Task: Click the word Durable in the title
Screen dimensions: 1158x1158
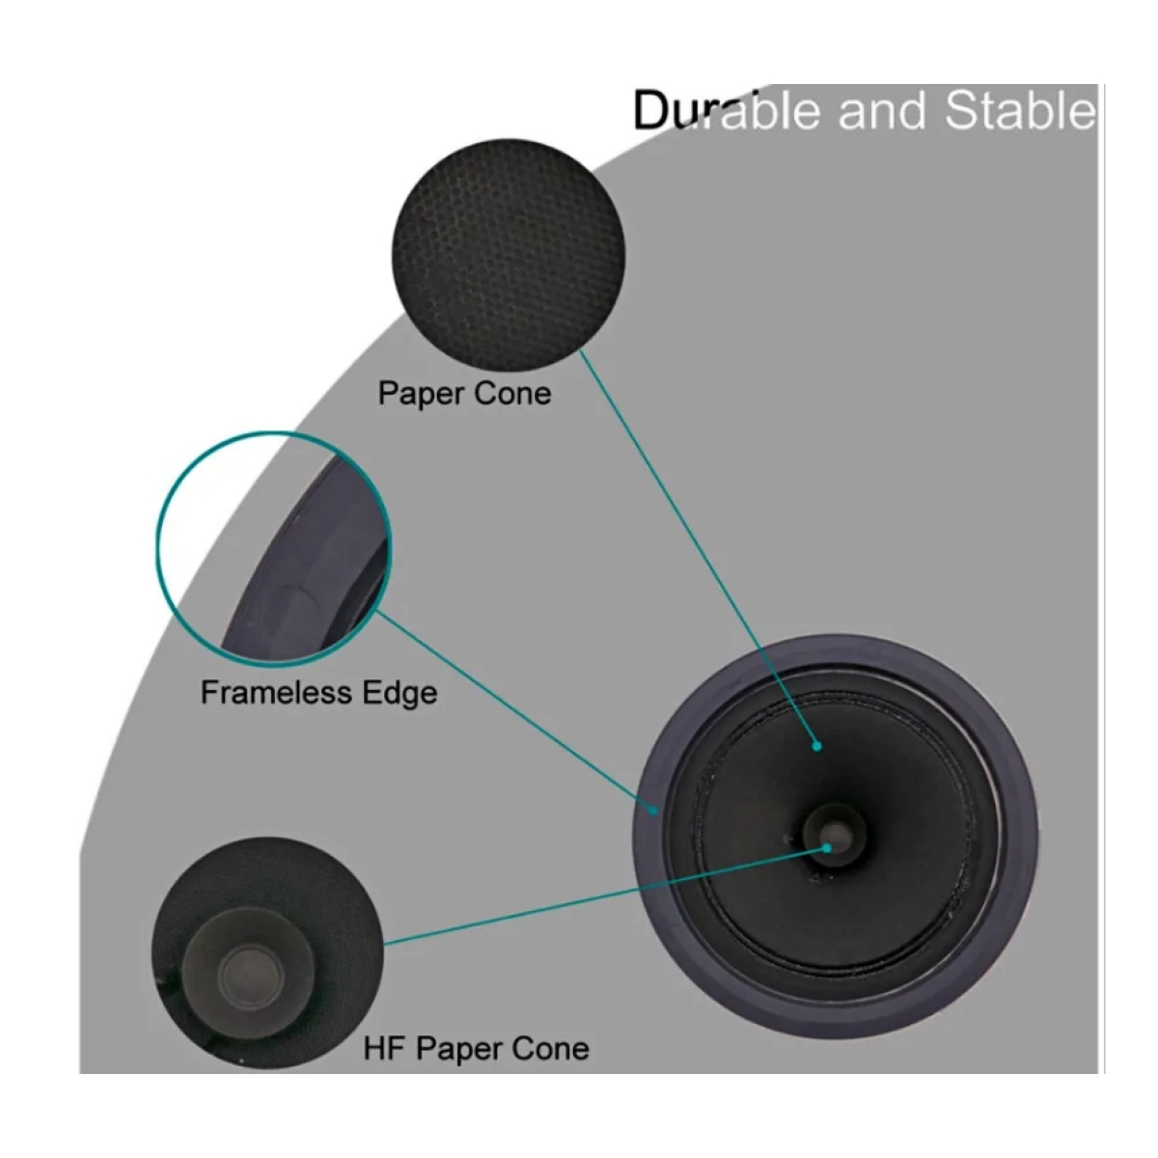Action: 727,110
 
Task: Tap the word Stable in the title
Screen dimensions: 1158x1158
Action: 1020,110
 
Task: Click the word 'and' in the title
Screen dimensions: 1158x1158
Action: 882,111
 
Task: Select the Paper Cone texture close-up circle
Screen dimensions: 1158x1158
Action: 509,255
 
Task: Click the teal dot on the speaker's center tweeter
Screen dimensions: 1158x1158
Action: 827,848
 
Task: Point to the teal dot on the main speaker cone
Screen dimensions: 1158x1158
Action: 816,746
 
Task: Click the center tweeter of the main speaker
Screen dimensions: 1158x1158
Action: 835,835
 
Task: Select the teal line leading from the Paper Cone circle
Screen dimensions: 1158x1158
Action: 699,548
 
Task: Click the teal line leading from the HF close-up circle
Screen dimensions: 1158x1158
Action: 605,896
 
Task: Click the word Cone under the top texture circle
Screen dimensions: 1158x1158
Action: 512,394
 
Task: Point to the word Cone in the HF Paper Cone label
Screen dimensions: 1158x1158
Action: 550,1049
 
